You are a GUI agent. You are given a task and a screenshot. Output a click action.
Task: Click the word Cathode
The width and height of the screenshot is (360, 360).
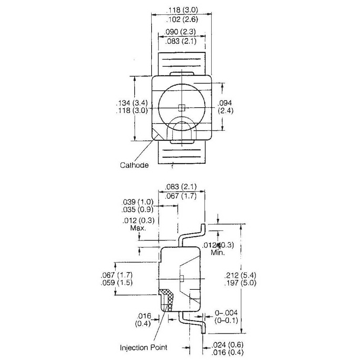tap(134, 165)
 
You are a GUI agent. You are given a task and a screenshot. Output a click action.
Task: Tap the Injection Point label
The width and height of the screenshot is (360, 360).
tap(144, 347)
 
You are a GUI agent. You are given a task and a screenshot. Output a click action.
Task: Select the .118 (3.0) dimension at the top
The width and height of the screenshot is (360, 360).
tap(182, 10)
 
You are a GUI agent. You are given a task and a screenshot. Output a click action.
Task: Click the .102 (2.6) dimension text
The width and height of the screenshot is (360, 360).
tap(182, 19)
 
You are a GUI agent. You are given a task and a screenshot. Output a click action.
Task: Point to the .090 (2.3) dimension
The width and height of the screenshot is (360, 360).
tap(180, 32)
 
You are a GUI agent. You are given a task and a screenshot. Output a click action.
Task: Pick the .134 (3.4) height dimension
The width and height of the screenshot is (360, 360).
tap(132, 103)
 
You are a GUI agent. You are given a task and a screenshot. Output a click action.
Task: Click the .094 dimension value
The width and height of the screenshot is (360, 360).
tap(225, 103)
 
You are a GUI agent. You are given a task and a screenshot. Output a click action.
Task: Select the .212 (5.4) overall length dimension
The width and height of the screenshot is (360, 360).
tap(240, 275)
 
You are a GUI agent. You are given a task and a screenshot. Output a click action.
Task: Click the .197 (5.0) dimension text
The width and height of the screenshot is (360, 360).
tap(240, 283)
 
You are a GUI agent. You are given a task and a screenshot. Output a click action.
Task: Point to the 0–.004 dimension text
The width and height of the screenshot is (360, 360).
tap(226, 312)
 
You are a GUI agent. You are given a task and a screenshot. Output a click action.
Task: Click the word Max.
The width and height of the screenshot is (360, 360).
tap(138, 228)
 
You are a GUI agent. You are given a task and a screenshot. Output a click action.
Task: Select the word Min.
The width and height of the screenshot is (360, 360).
tap(218, 253)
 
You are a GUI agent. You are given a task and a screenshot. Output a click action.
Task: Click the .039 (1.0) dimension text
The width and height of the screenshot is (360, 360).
tap(137, 202)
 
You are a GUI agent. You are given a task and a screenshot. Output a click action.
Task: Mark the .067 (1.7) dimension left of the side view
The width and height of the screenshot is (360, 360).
tap(117, 275)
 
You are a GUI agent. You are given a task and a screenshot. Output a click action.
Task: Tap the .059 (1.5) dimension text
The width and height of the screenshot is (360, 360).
tap(117, 282)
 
